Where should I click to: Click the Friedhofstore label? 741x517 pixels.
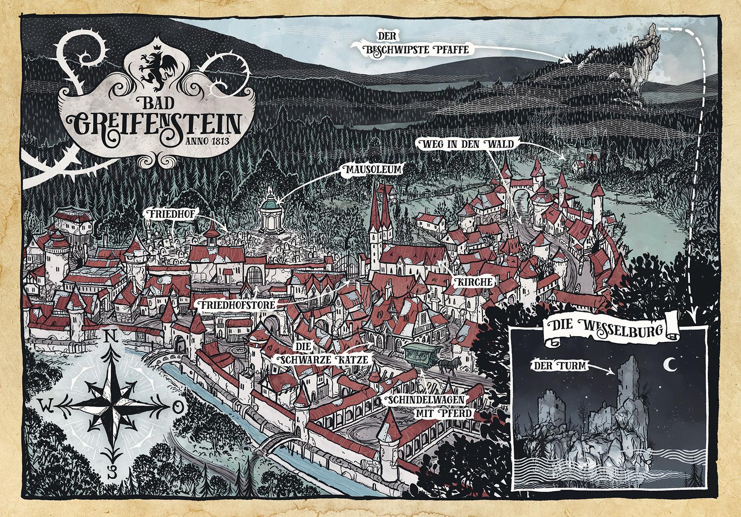pos(236,306)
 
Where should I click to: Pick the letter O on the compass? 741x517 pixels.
pos(177,407)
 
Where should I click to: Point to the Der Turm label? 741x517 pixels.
pos(558,365)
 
